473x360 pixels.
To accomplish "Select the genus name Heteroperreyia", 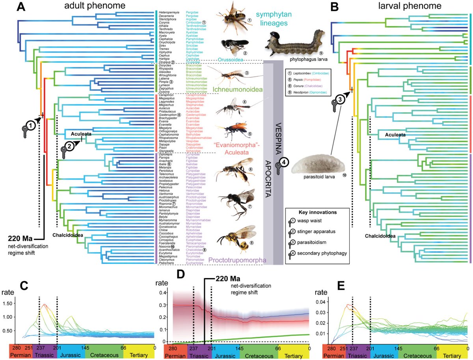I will pyautogui.click(x=168, y=12).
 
